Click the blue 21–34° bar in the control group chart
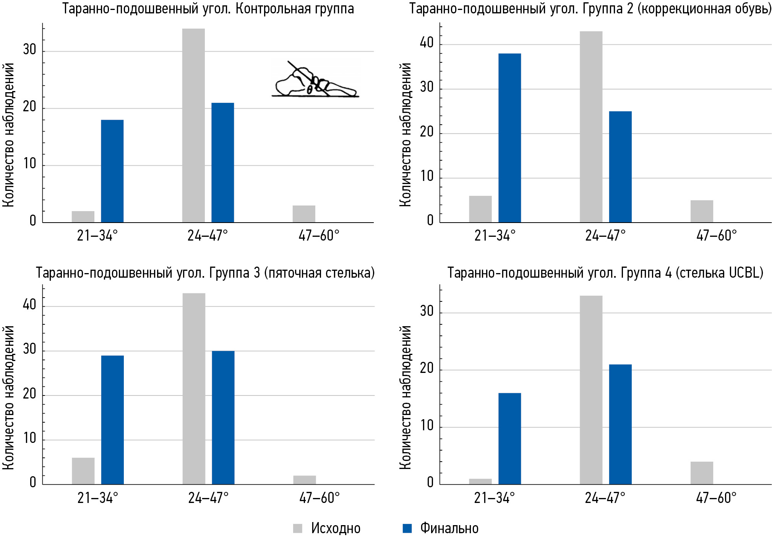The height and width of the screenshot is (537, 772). pos(112,171)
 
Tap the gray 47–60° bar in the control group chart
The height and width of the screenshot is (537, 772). pos(304,214)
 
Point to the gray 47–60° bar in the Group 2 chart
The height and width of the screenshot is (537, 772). pos(702,211)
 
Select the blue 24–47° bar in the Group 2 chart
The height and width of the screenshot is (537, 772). pos(620,167)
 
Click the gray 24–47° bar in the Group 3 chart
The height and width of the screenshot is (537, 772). pos(194,389)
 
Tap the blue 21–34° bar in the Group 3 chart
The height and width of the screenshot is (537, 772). pos(112,420)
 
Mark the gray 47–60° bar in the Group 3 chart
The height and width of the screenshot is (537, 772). pos(305,480)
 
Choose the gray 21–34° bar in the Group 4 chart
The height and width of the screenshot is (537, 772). pos(480,482)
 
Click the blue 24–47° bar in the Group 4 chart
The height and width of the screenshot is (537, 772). pos(620,424)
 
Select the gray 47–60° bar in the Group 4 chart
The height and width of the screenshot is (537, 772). pos(702,473)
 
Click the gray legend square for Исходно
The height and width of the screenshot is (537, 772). pos(297,528)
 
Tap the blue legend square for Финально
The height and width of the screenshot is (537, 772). pos(407,528)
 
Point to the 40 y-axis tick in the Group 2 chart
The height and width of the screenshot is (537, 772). pos(427,43)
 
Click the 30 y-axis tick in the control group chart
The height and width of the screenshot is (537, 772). pos(29,50)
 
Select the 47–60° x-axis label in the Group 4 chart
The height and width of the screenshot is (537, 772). pos(716,498)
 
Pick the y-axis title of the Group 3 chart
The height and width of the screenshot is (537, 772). pos(8,398)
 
